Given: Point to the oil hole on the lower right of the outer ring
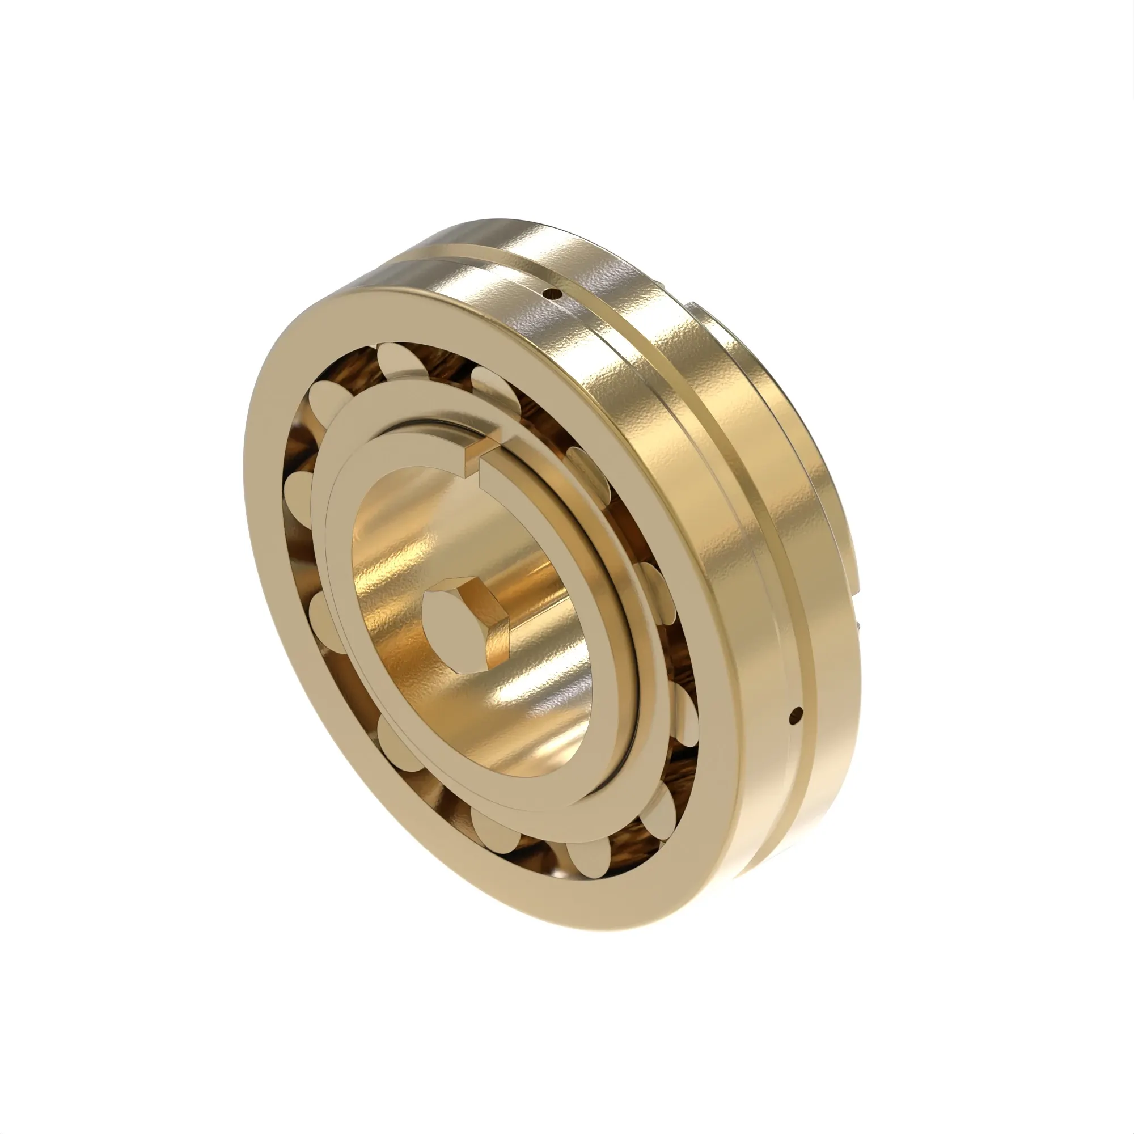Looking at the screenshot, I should pyautogui.click(x=796, y=714).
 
